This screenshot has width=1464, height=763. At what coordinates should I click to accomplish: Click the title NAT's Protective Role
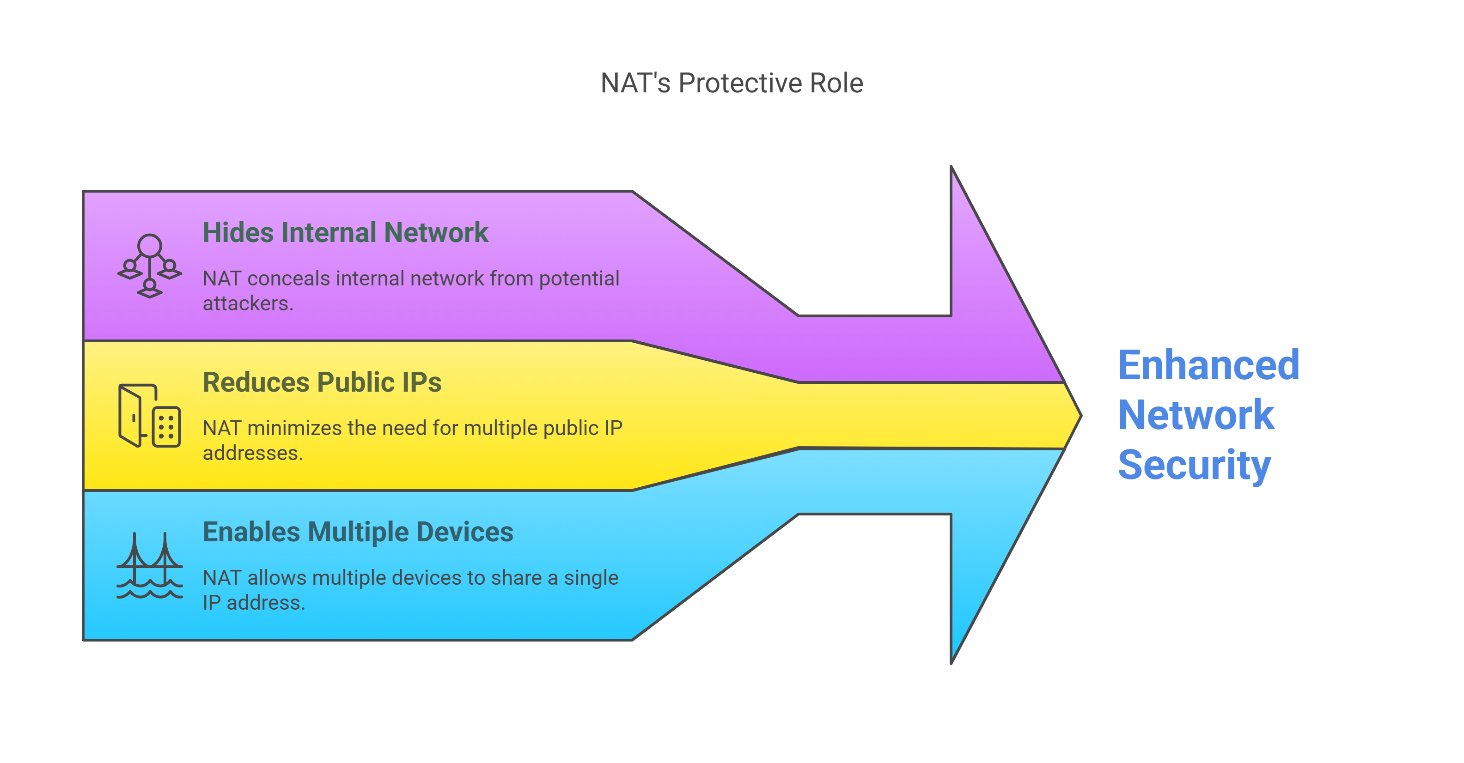(x=732, y=83)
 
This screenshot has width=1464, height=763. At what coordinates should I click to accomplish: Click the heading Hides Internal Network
(x=345, y=232)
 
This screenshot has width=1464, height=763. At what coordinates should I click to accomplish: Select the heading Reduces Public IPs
(x=322, y=382)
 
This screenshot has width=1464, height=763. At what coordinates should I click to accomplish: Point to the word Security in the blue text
(x=1194, y=465)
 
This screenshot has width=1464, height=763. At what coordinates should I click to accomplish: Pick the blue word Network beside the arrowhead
(x=1196, y=415)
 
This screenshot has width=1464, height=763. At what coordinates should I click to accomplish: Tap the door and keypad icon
(x=149, y=416)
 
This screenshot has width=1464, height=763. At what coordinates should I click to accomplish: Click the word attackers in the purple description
(x=248, y=303)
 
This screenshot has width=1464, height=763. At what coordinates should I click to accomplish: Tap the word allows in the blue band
(x=277, y=577)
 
